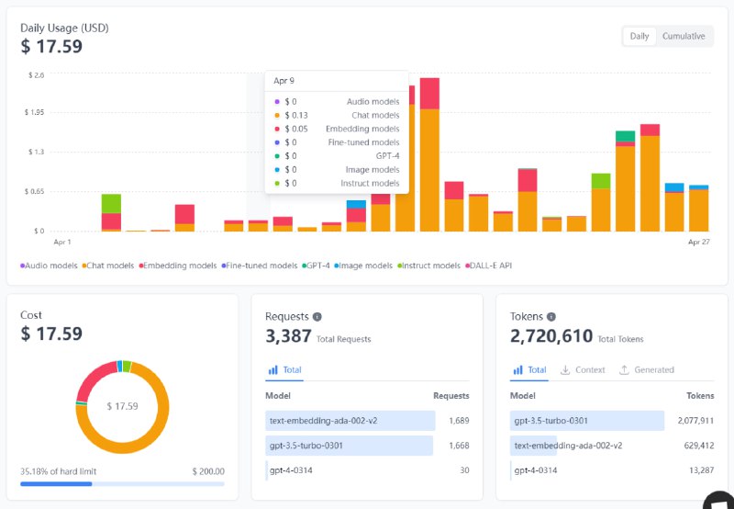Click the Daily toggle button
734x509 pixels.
tap(639, 36)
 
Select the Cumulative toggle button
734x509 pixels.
tap(684, 36)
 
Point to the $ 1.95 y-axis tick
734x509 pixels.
tap(33, 112)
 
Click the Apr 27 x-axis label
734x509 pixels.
tap(699, 242)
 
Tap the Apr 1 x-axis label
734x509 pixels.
tap(62, 242)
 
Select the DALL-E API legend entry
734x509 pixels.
tap(490, 266)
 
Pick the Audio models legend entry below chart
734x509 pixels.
tap(50, 266)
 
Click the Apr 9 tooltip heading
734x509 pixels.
tap(284, 81)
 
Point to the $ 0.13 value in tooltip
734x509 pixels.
tap(295, 115)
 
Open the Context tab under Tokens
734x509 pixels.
tap(584, 369)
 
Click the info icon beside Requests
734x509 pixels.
tap(317, 317)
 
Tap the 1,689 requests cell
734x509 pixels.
tap(459, 420)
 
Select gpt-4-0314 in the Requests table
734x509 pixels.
tap(292, 470)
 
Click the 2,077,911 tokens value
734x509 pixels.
tap(695, 420)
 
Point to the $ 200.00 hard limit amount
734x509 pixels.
tap(208, 471)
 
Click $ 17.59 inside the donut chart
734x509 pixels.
tap(122, 405)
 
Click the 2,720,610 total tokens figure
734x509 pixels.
tap(551, 336)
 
